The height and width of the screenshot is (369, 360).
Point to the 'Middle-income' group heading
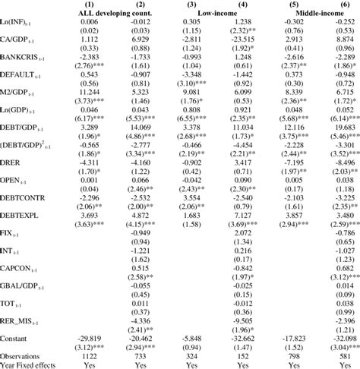coord(321,14)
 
